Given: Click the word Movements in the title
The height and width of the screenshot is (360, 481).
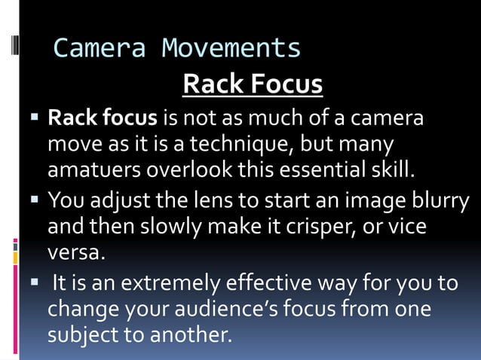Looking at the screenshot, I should [x=231, y=49].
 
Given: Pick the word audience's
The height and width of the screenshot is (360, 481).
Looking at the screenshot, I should [x=250, y=310].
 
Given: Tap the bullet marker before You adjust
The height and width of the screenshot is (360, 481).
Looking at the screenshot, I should [x=35, y=201].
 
